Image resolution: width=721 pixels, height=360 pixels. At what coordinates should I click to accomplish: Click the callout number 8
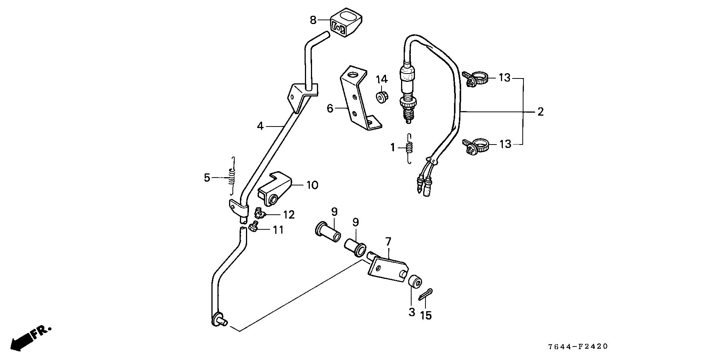coord(313,20)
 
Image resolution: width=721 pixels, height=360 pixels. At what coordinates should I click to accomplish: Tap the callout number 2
coord(540,111)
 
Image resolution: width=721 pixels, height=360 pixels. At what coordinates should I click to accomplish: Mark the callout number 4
coord(260,126)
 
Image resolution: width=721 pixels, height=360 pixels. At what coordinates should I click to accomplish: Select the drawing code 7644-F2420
coord(577,346)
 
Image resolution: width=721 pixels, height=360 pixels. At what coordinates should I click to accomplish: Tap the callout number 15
coord(426,315)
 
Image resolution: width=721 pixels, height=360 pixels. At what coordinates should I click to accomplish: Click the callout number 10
coord(312,185)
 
